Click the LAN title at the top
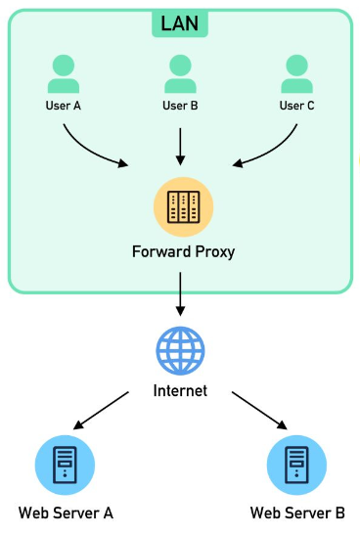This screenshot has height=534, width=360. coord(180,21)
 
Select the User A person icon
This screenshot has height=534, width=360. coord(63,74)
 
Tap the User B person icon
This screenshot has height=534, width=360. coord(180,74)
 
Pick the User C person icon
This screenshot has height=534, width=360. coord(296,74)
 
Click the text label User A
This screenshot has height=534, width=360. coord(63,106)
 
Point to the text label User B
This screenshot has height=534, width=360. coord(180,106)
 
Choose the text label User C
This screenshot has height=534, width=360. coord(296,106)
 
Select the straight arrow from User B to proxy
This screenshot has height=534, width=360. coord(180,144)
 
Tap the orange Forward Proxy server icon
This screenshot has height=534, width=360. coord(180,206)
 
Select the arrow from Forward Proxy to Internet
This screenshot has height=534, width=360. coord(180,294)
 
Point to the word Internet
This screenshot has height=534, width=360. coord(180,391)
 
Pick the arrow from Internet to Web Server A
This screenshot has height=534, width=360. coord(103,411)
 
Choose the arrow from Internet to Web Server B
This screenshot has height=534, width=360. coord(259,411)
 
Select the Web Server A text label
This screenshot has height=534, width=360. coord(66,512)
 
